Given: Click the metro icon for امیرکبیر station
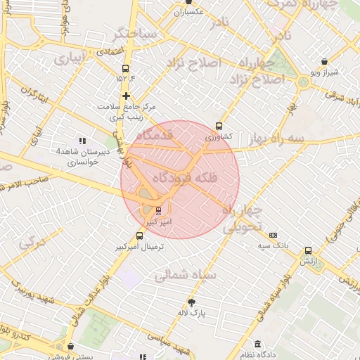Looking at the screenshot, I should pos(157,210).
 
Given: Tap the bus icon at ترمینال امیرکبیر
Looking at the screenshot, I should pos(139,236).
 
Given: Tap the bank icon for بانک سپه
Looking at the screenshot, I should pos(274,235).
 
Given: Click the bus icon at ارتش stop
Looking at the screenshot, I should pos(307,250).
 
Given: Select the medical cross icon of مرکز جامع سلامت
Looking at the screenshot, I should pos(126,96).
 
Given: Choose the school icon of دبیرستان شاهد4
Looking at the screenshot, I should pos(82,141).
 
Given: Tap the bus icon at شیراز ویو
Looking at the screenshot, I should pos(323,62).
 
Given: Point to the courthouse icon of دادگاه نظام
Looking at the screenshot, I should pos(257,344).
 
